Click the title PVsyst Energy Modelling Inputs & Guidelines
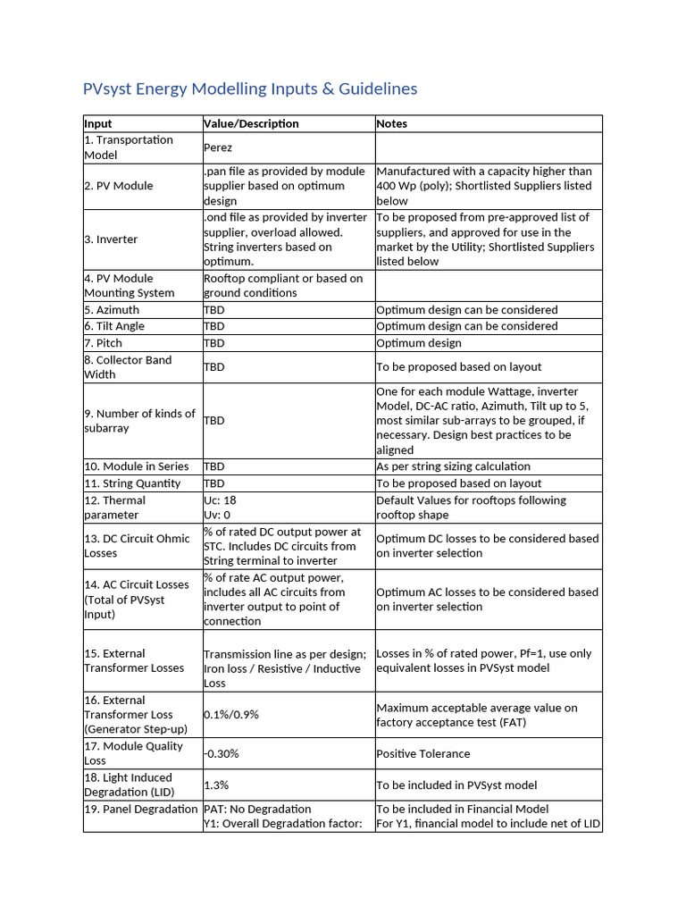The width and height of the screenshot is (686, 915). coord(249,88)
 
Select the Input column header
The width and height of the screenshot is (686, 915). coord(98,123)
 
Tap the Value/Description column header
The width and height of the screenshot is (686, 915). coord(251,123)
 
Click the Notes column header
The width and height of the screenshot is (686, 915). coord(392,123)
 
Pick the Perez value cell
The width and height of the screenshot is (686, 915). coord(219,147)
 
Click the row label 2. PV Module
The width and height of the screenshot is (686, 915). coord(119,186)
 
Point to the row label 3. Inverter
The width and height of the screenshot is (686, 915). coord(111,239)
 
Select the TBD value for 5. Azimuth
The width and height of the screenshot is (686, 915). coord(214,310)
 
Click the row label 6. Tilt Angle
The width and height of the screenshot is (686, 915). coord(114,326)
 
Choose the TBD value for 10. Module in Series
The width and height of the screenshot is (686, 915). coord(214,466)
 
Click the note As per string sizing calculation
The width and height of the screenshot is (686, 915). coord(453,466)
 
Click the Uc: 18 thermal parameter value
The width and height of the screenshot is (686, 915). coord(220,500)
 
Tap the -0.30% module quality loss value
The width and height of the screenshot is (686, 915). coord(222,753)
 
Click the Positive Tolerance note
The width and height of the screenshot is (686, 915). coord(422,753)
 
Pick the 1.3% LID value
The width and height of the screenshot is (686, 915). coord(216,785)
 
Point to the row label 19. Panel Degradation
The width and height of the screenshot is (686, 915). coord(140,809)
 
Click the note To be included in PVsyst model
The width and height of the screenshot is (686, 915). coord(456,785)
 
